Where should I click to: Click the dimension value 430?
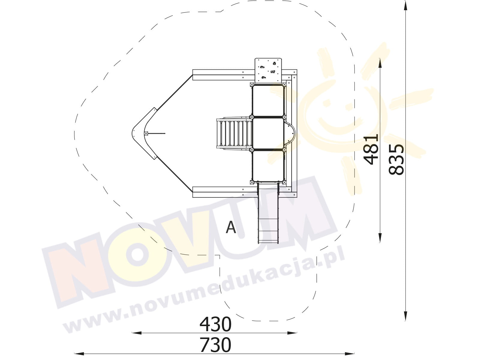[215, 325]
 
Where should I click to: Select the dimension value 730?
[215, 345]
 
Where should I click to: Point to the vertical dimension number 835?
[396, 159]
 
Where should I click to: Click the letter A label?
[231, 227]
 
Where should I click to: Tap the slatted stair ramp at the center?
[234, 133]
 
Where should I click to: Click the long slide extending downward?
[268, 212]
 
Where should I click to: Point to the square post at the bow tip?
[146, 133]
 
